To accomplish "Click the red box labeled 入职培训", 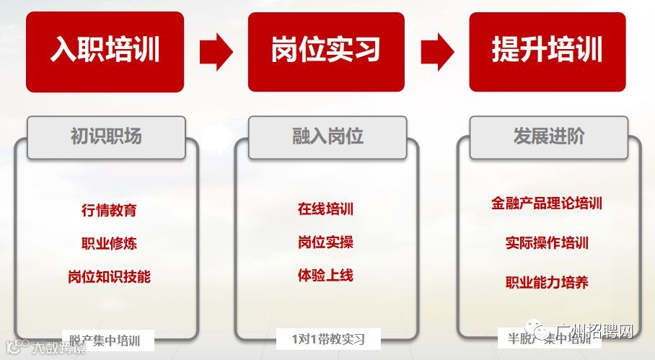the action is pos(105,51).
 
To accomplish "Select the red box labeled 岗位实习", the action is pos(325,51).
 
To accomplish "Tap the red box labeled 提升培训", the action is pos(547,51).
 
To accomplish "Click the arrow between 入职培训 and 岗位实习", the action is pos(215,51).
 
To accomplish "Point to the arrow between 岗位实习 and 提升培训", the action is pos(436,51).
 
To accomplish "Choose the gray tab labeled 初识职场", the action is pos(106,137).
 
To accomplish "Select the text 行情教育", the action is pos(109,211).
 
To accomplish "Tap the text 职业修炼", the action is pos(109,243).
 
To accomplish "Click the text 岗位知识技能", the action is pos(109,276).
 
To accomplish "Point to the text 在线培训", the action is pos(325,210).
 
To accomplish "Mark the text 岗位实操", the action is pos(325,242).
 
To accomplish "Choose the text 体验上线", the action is pos(325,275).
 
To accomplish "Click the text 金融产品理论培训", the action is pos(547,203).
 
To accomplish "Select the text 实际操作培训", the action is pos(547,243).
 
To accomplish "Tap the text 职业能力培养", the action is pos(547,282).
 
